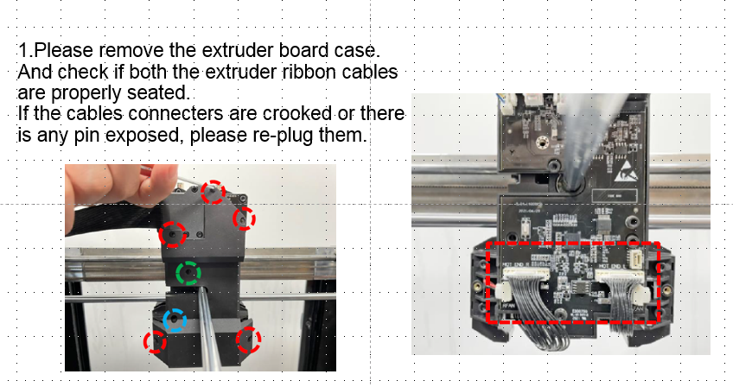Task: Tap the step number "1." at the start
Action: [x=26, y=50]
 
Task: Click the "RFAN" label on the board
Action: [x=508, y=305]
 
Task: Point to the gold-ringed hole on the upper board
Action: [x=542, y=143]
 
